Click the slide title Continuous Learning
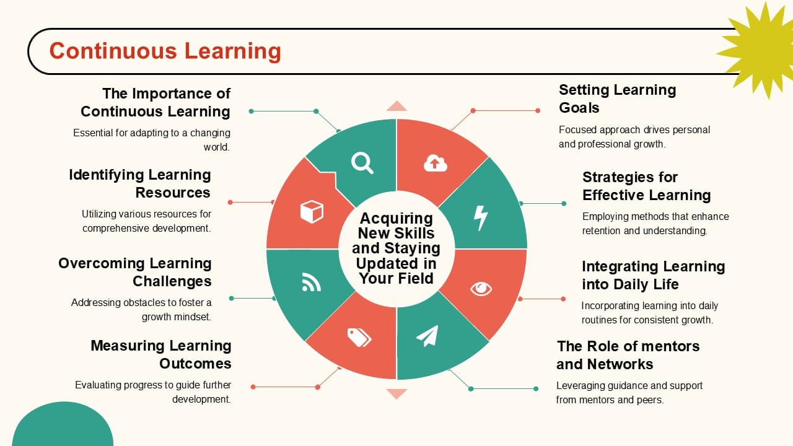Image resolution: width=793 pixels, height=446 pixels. (x=165, y=51)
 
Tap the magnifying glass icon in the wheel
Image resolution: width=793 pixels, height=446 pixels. (x=362, y=163)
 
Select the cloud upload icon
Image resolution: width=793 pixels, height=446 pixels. (x=436, y=163)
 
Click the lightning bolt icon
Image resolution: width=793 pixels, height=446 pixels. (x=481, y=217)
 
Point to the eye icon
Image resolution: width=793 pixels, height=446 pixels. (x=481, y=289)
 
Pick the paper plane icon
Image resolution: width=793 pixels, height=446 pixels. (x=427, y=336)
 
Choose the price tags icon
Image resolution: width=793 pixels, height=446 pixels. (x=359, y=338)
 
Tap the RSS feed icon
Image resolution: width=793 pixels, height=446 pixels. (x=311, y=282)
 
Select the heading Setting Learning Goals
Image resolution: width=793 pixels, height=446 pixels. (x=617, y=98)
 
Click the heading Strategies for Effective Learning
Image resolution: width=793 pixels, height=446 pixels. (x=646, y=186)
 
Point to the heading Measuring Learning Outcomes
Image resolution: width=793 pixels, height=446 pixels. (x=161, y=354)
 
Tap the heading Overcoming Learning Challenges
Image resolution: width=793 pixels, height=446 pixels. (x=135, y=272)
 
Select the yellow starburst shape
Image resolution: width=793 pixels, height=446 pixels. (x=757, y=47)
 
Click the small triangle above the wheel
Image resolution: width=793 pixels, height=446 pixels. (x=396, y=107)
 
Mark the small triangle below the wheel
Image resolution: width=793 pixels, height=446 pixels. (x=396, y=393)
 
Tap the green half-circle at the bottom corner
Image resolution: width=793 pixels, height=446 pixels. (x=63, y=427)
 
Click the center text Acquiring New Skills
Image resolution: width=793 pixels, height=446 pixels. (x=396, y=248)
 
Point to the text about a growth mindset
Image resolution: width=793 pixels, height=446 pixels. (x=142, y=310)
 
